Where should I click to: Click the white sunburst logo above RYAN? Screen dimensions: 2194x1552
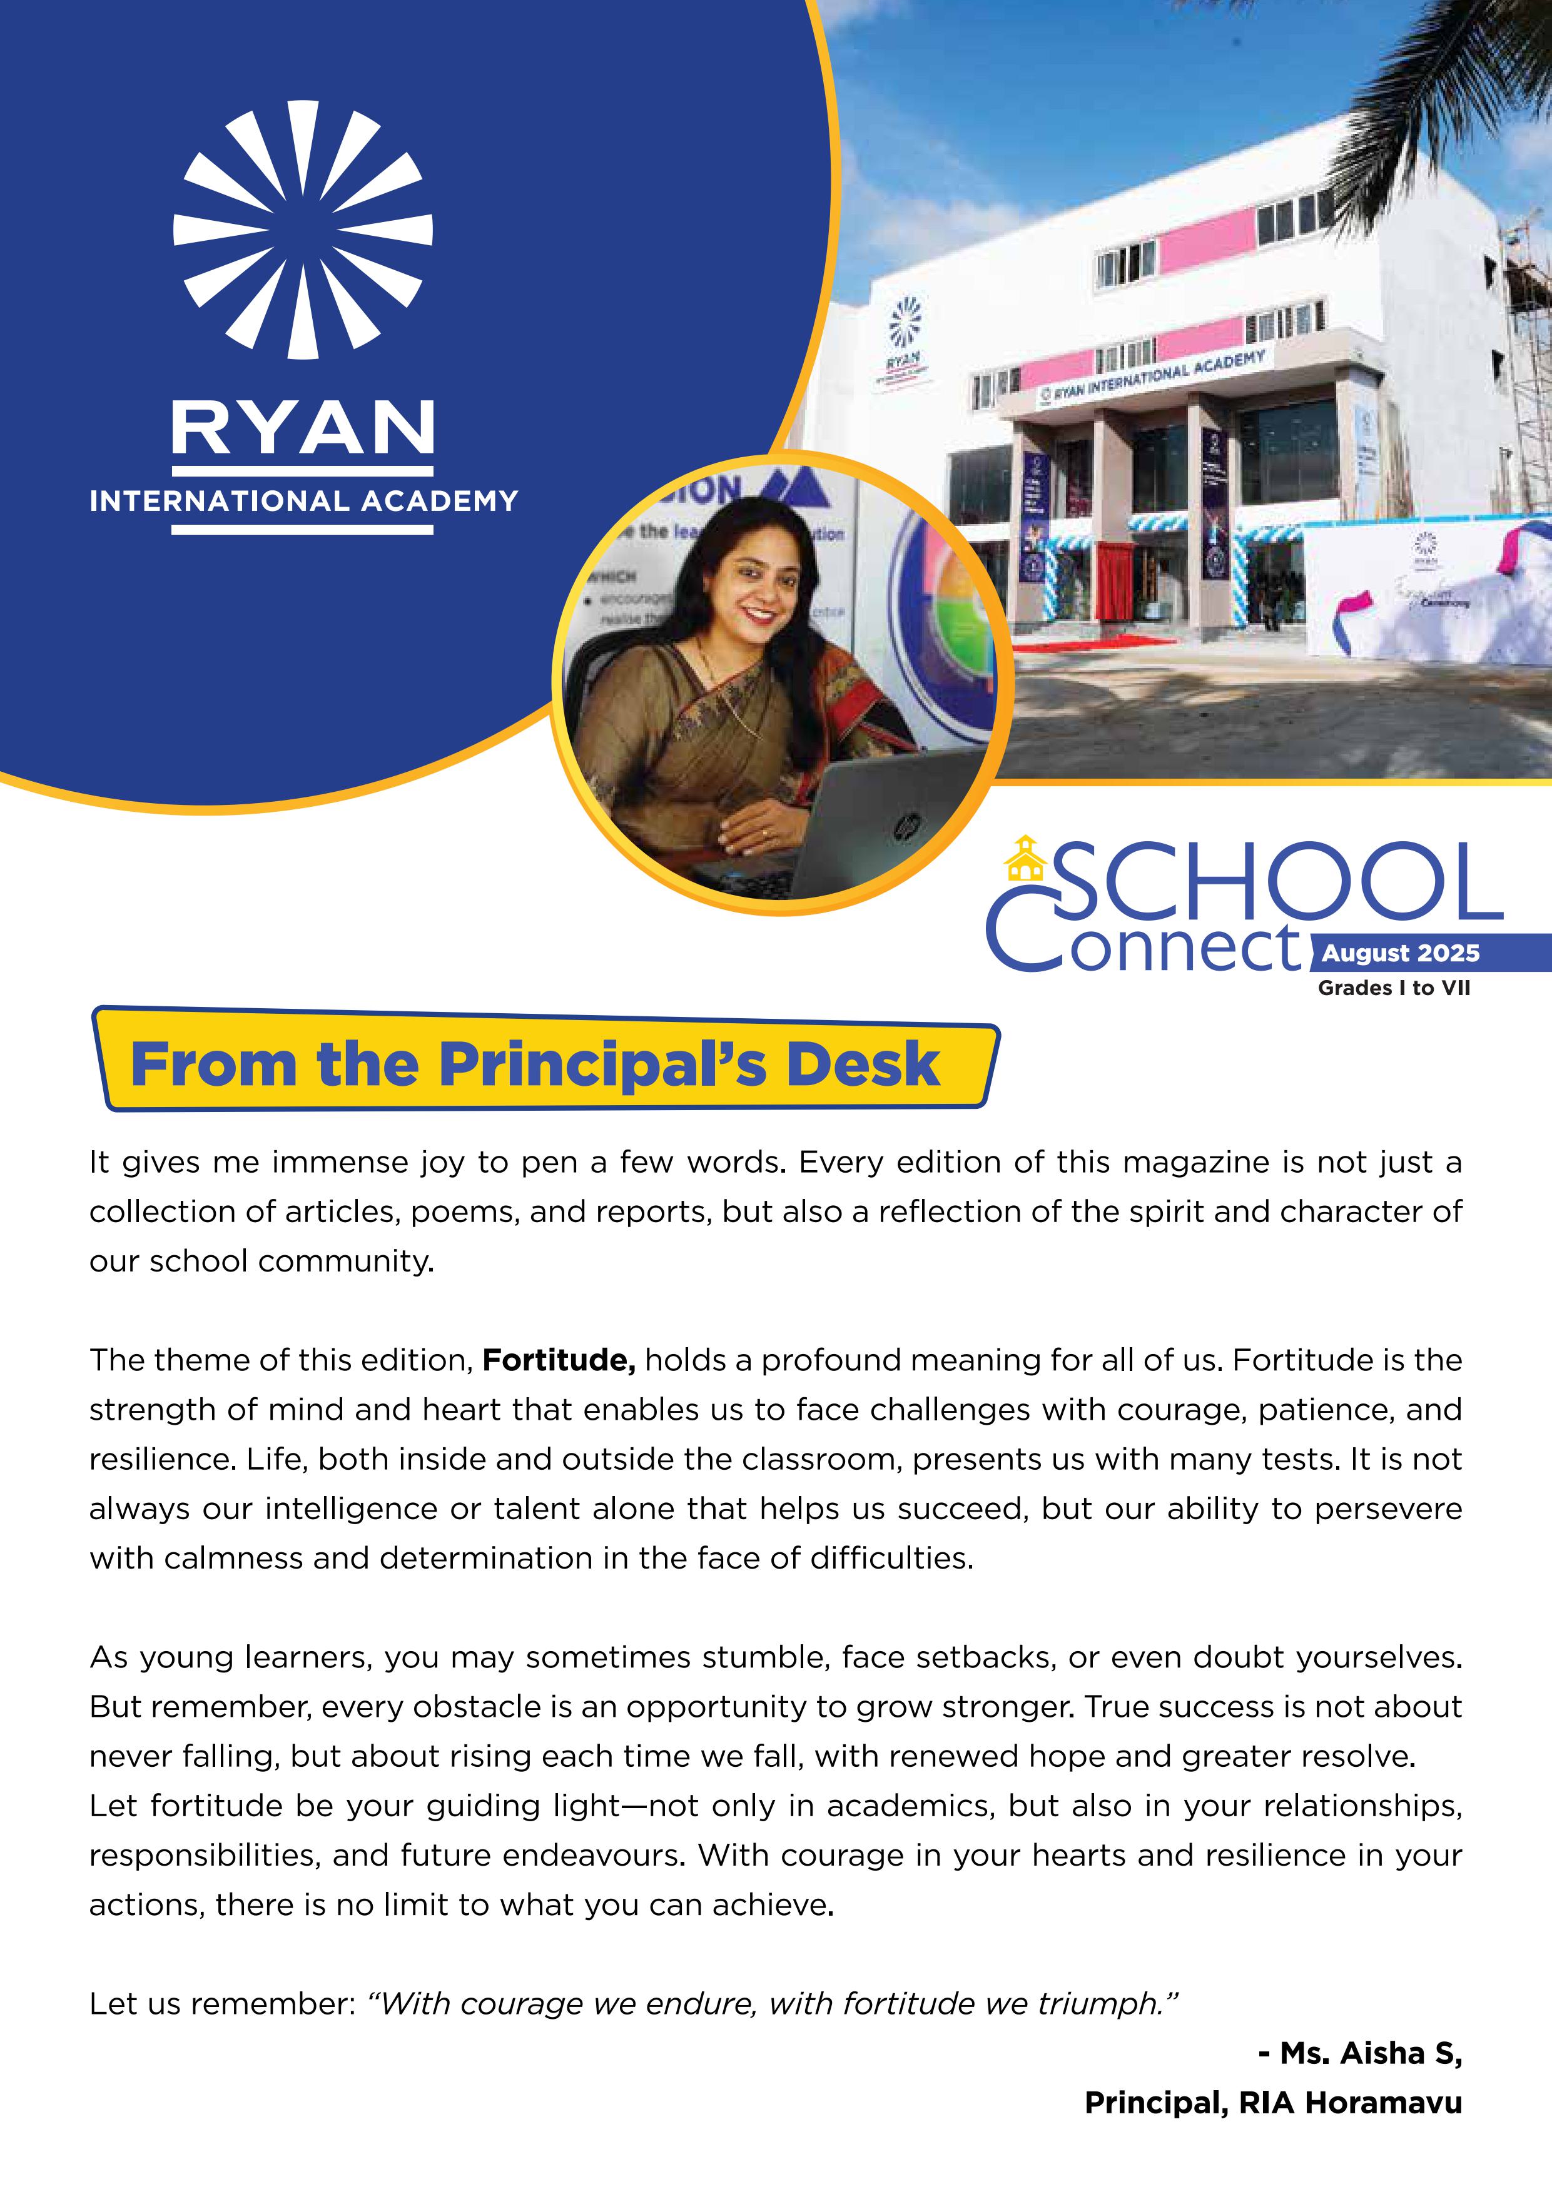(x=303, y=230)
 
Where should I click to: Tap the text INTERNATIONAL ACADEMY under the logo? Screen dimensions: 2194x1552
(x=303, y=501)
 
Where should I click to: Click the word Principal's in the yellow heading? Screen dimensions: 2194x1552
(x=602, y=1064)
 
